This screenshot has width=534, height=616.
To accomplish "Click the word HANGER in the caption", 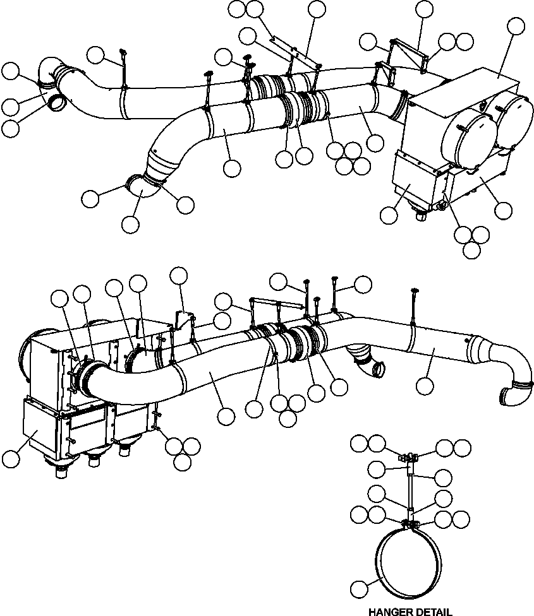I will tap(388, 611).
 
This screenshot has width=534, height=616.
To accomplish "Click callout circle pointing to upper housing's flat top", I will tap(516, 27).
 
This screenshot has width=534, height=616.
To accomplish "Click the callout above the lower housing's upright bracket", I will tap(179, 275).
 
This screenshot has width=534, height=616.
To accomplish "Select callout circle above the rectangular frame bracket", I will tap(425, 9).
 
